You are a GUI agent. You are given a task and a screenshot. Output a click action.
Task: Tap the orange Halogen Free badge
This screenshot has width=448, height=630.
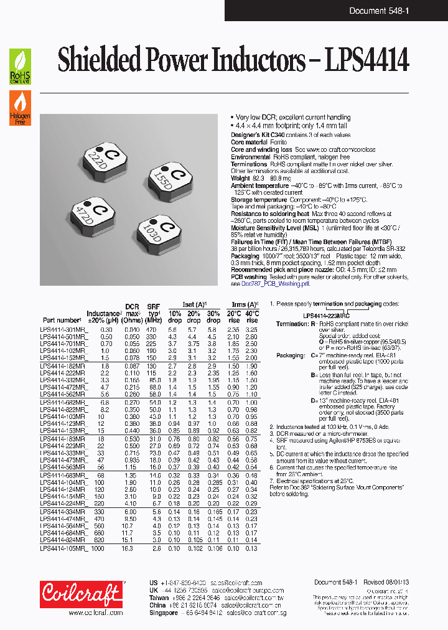pos(20,108)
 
